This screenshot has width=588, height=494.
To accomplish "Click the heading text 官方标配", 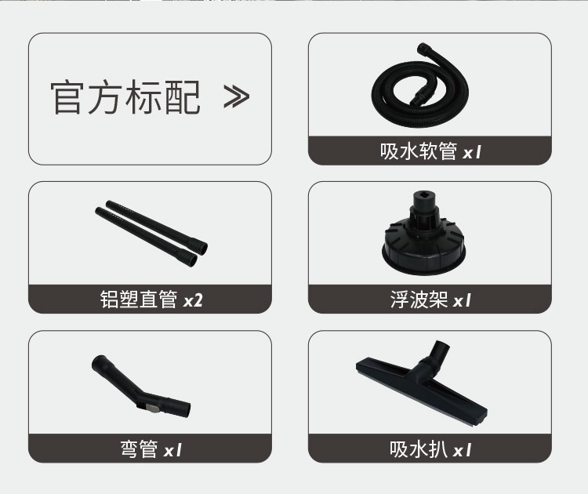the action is [x=125, y=97].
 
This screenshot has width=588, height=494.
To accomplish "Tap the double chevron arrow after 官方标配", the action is [x=236, y=96].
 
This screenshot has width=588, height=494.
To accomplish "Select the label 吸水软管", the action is [x=419, y=151].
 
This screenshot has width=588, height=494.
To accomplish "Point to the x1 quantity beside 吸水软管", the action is [x=472, y=153].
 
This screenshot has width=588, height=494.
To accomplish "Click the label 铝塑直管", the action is [x=138, y=300].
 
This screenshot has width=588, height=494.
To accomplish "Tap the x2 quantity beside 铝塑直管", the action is [x=193, y=300].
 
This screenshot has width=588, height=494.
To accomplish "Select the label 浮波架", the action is [x=419, y=300].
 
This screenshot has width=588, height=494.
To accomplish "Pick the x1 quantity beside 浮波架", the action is [x=462, y=301].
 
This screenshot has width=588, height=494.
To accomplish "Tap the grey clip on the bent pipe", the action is [x=153, y=409].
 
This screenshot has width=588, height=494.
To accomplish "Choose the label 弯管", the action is [x=139, y=449].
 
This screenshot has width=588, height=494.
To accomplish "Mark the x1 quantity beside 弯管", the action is [x=172, y=450].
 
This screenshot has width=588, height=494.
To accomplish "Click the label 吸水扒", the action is [x=419, y=449].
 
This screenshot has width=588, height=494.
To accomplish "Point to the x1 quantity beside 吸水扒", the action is [x=462, y=450].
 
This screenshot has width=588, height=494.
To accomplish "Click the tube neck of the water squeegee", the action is [x=437, y=355].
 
